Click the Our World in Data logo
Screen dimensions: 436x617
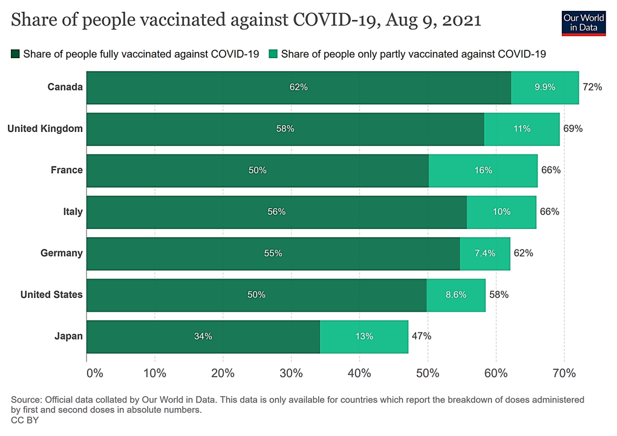click(x=583, y=22)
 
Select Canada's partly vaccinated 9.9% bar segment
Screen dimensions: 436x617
click(x=544, y=87)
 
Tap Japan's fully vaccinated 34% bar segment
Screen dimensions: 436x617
click(x=203, y=336)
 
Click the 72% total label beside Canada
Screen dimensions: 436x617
click(x=592, y=87)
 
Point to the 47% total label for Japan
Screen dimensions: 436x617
click(x=421, y=336)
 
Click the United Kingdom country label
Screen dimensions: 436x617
click(x=45, y=128)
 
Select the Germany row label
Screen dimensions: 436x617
click(x=61, y=253)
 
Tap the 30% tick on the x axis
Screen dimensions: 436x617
click(x=292, y=373)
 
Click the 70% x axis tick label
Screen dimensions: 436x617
click(x=564, y=373)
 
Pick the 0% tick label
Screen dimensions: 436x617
click(x=95, y=373)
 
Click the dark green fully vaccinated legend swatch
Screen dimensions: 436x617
click(x=16, y=54)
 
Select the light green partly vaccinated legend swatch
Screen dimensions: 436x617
click(x=274, y=54)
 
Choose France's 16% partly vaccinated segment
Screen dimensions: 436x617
click(x=483, y=170)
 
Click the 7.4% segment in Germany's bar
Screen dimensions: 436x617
click(x=485, y=253)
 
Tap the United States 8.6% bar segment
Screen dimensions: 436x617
click(x=455, y=295)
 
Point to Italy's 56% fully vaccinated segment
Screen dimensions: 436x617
click(x=276, y=212)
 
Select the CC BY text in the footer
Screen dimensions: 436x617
click(x=25, y=420)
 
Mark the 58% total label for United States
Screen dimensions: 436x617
click(x=498, y=295)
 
